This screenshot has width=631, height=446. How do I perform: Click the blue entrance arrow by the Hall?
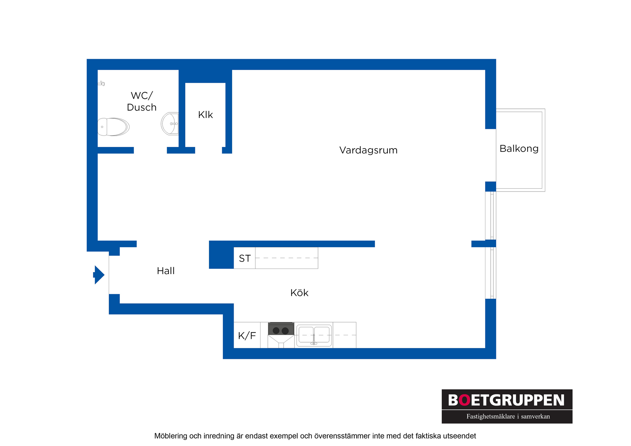[99, 275]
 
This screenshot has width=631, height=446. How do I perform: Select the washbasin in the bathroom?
[170, 124]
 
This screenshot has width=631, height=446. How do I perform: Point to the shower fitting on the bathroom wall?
[101, 83]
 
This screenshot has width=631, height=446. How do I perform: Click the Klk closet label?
[205, 115]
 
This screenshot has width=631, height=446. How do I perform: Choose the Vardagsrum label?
[368, 150]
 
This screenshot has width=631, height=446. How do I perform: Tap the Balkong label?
[519, 149]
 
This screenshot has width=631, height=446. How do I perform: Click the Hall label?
[166, 271]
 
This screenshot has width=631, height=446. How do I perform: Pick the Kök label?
[299, 293]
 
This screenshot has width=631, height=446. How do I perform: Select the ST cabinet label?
[245, 258]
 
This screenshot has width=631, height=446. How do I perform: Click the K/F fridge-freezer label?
[247, 336]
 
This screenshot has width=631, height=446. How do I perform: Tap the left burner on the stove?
[276, 331]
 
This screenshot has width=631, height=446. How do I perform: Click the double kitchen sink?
[314, 336]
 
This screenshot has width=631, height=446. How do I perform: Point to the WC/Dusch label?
[142, 101]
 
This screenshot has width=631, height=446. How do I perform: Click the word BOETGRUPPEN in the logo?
[506, 400]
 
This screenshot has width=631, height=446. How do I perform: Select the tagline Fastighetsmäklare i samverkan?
[508, 416]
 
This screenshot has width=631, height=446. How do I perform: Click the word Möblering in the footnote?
[171, 436]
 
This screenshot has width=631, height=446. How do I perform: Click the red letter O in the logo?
[464, 400]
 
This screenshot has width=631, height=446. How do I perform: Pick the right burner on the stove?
[285, 331]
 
